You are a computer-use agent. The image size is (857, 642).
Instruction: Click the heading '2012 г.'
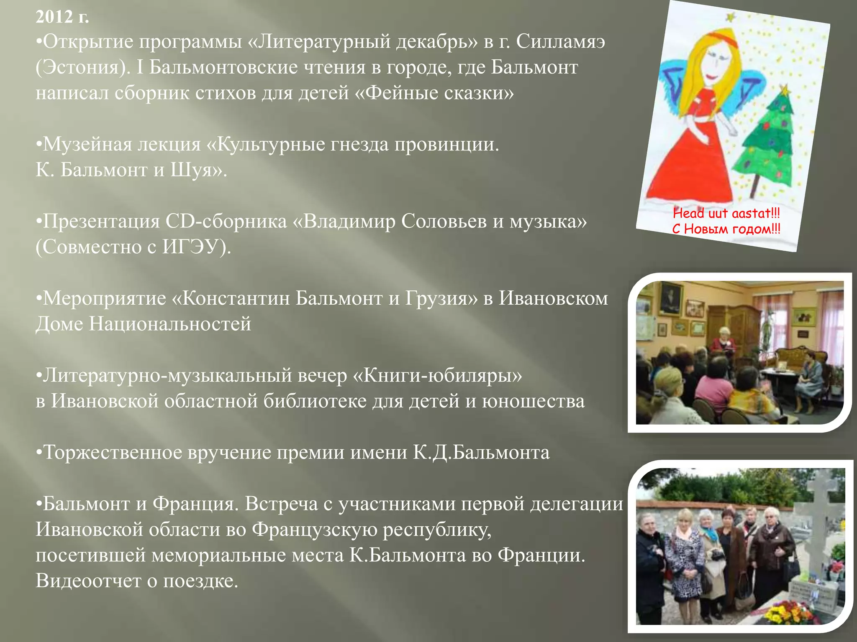[62, 17]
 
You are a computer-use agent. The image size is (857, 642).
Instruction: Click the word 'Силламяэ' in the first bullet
[560, 42]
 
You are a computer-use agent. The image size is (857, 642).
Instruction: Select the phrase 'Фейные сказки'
[435, 93]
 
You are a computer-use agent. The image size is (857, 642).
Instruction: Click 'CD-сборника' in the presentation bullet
[226, 222]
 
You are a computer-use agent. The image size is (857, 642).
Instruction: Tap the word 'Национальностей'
[170, 324]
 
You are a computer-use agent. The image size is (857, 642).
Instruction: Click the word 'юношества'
[533, 401]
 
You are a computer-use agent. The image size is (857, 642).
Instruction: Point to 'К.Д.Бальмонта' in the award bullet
[481, 453]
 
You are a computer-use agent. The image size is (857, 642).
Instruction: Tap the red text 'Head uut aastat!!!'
[726, 214]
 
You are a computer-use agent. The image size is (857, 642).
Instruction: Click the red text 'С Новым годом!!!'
[726, 229]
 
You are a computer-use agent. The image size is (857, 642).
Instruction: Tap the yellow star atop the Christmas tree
[784, 89]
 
